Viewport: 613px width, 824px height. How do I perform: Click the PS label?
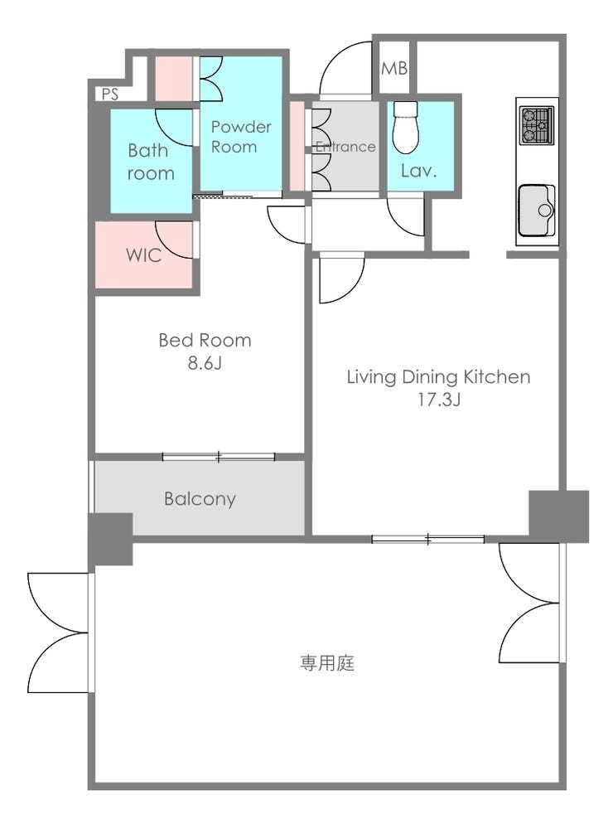tap(110, 94)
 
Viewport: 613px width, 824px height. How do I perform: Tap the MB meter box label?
tap(394, 68)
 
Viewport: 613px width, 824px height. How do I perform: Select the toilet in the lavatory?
tap(406, 127)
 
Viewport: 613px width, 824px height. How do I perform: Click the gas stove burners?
tap(536, 126)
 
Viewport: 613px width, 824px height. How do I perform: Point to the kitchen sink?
tap(537, 211)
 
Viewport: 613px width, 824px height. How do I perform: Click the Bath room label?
tap(150, 162)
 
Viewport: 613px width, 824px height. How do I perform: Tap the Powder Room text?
tap(241, 137)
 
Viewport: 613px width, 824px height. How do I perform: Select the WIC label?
tap(143, 255)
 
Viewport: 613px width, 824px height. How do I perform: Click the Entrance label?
tap(345, 147)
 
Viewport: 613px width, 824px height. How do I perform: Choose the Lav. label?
tap(418, 170)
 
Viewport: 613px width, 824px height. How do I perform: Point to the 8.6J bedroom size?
tap(205, 363)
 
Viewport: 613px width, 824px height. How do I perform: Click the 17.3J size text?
tap(438, 400)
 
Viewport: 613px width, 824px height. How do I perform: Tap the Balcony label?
tap(200, 498)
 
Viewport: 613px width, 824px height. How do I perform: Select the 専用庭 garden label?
tap(327, 663)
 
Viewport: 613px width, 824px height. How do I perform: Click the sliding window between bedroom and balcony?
tap(219, 457)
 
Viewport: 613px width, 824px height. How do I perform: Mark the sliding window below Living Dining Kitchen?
tap(428, 539)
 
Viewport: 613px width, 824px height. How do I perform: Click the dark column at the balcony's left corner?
tap(110, 539)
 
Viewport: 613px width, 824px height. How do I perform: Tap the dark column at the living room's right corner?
tap(559, 516)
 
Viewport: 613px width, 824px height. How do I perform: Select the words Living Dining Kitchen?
tap(438, 377)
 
